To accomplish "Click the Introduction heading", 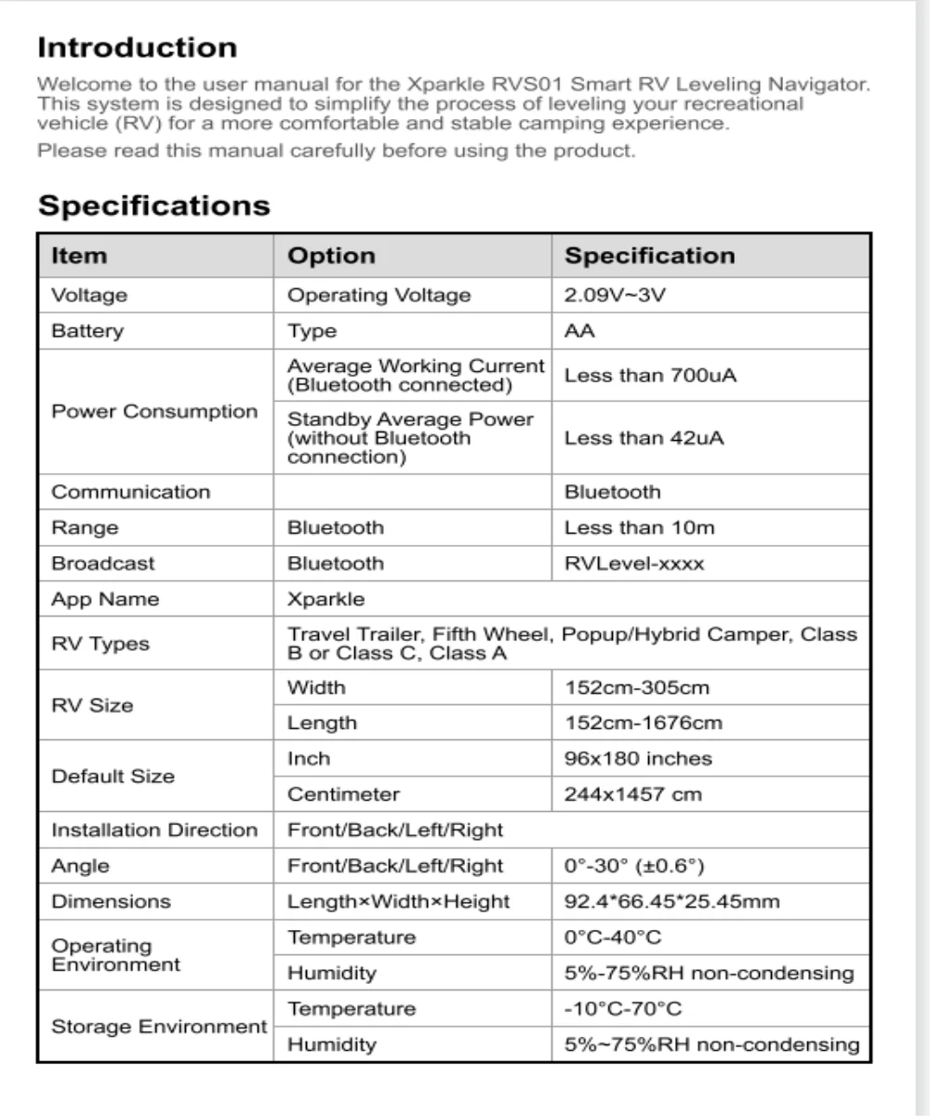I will (137, 47).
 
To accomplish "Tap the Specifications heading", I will (153, 206).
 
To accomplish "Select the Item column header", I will (79, 256).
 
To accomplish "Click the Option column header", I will (331, 256).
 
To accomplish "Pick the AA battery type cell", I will (580, 332).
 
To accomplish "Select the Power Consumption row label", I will (154, 411).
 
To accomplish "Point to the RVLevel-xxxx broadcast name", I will (634, 564).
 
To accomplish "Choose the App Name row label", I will (105, 600).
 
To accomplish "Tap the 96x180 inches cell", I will (638, 759).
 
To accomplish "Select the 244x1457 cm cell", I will (633, 795).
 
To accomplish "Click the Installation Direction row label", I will (154, 830).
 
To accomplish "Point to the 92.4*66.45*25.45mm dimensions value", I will (672, 901).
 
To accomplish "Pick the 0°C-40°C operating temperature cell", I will (613, 937).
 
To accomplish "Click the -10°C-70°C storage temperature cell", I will (622, 1009).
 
